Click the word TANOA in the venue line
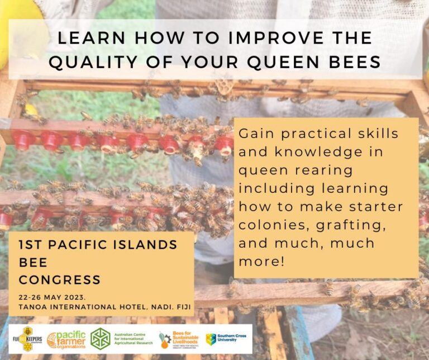[x=31, y=306]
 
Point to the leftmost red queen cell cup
[x=23, y=140]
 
